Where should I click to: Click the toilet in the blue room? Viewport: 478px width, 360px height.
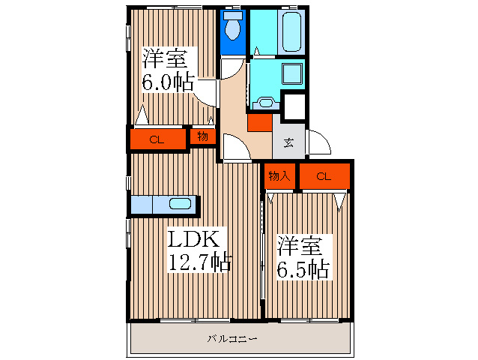233,28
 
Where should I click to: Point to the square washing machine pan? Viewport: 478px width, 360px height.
291,73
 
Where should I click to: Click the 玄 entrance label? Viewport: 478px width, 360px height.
289,142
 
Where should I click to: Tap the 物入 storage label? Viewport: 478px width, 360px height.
279,176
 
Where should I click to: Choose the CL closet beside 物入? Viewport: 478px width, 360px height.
324,176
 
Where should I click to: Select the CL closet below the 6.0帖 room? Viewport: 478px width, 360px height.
157,139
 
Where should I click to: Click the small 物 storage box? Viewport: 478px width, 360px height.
202,136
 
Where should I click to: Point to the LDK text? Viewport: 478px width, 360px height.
192,239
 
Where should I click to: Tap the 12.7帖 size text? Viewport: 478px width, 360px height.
199,262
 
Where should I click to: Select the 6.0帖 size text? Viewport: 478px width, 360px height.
170,81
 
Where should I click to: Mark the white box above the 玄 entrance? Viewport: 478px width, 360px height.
294,107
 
